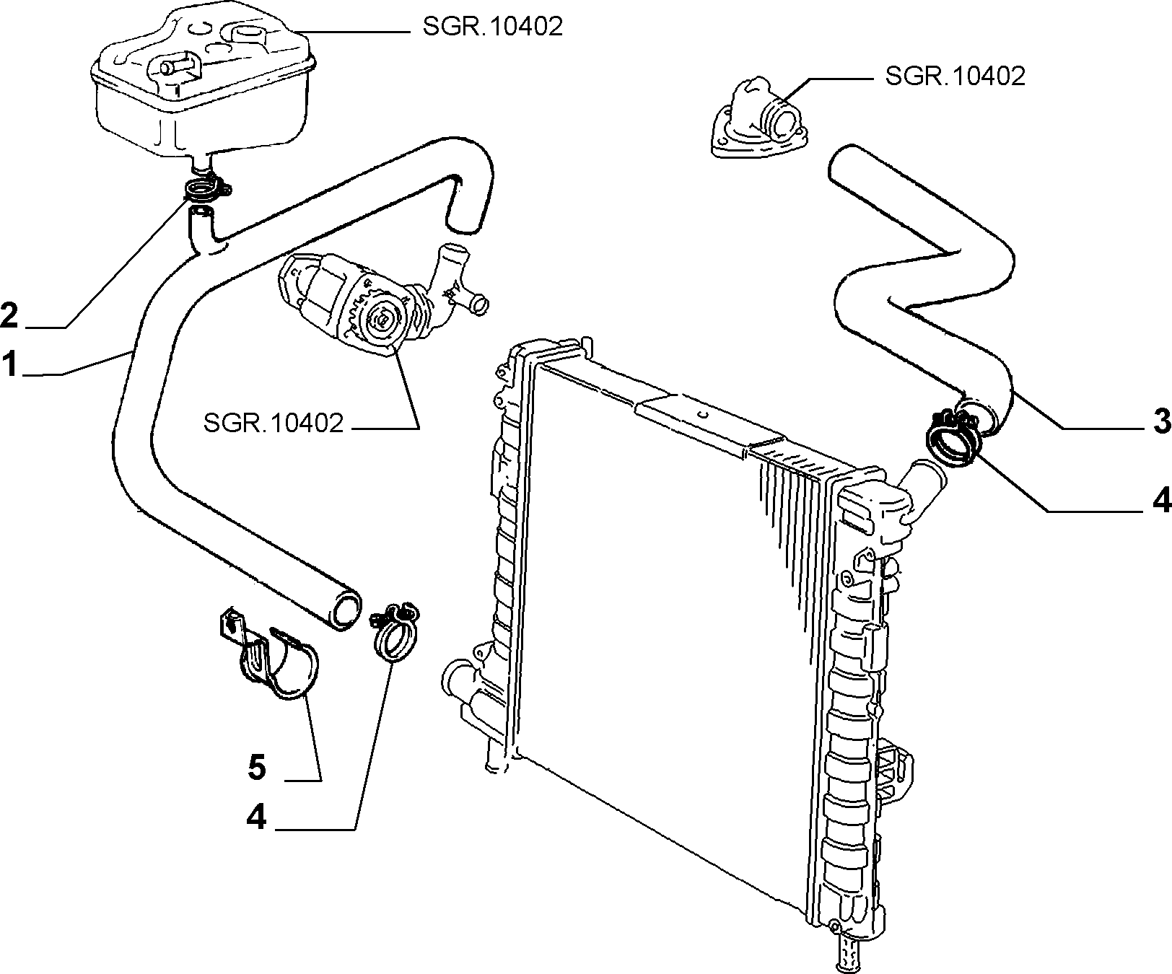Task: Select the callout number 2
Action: (x=9, y=315)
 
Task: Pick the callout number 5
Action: (x=257, y=767)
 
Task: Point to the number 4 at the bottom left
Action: (x=257, y=818)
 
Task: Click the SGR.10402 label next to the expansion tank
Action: (x=491, y=27)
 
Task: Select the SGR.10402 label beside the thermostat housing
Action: (x=954, y=76)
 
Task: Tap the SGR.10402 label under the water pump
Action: (x=274, y=423)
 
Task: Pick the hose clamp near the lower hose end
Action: (x=393, y=631)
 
